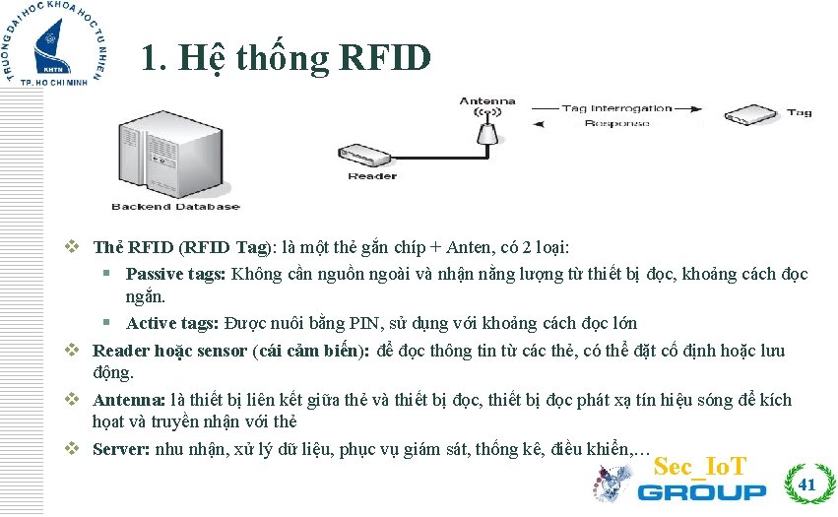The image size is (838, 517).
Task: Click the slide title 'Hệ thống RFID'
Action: point(286,58)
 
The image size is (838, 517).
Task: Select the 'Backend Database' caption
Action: point(175,207)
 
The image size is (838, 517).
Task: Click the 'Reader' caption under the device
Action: point(372,177)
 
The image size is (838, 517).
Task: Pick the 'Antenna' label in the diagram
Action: point(486,100)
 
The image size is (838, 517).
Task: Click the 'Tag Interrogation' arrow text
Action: point(616,108)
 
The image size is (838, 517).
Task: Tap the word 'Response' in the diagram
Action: point(616,123)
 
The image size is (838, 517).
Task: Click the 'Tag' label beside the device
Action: point(799,112)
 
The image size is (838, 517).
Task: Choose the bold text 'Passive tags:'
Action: point(176,274)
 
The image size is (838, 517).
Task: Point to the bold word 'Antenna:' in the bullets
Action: point(129,400)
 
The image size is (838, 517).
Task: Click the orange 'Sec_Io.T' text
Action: point(700,466)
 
